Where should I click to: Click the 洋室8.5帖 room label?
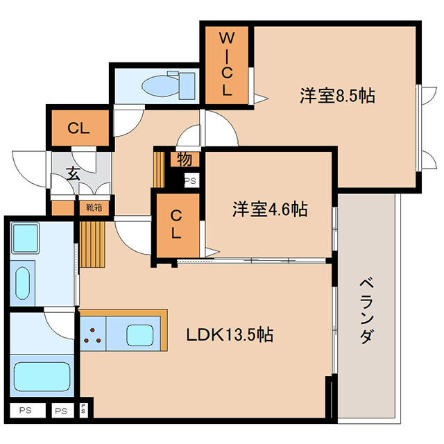[x=338, y=96]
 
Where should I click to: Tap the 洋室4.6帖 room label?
[x=270, y=209]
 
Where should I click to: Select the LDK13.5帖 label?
[x=230, y=334]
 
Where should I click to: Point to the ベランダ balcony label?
[x=367, y=311]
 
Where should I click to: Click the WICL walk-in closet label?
[x=227, y=64]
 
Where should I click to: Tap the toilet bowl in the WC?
[x=160, y=85]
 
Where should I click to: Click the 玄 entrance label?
[x=73, y=173]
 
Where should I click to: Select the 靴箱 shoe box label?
[x=94, y=207]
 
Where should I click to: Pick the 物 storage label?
[x=185, y=159]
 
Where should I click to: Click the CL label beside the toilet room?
[x=78, y=128]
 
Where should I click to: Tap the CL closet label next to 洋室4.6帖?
[x=176, y=224]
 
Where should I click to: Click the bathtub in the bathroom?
[x=42, y=376]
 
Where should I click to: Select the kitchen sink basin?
[x=139, y=335]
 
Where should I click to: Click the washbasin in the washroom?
[x=22, y=284]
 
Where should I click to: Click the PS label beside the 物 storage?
[x=190, y=180]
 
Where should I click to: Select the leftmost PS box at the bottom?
[x=26, y=410]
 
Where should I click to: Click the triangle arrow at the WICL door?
[x=261, y=99]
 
